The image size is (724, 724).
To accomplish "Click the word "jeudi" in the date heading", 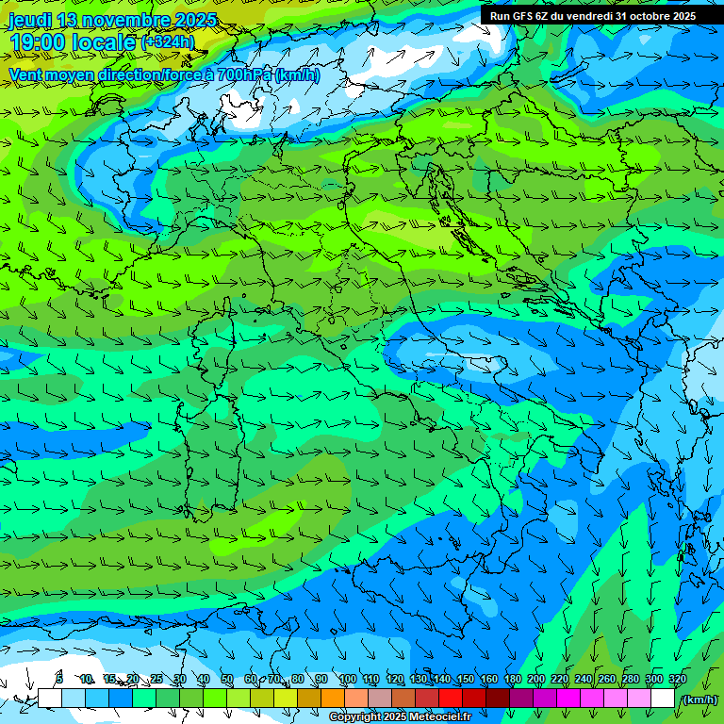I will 30,20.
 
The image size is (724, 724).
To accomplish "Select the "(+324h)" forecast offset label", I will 168,42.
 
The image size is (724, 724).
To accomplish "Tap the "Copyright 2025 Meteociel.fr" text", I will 400,717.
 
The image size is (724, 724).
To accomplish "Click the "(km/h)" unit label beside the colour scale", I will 699,699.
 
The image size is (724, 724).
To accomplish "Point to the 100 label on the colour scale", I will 347,679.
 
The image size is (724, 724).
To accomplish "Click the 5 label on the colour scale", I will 59,679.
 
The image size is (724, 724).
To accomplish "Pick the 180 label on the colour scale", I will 512,679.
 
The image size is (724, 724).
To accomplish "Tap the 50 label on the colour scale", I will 227,679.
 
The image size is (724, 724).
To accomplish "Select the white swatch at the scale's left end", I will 49,699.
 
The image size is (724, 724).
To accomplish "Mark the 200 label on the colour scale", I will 535,679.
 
